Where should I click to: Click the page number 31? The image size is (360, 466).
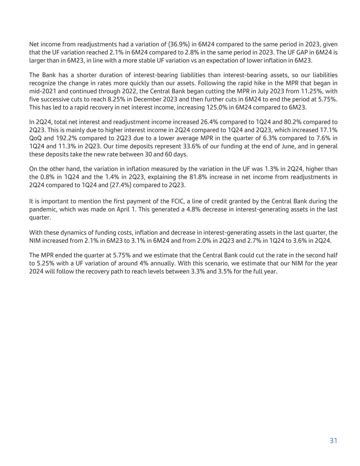pyautogui.click(x=333, y=441)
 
